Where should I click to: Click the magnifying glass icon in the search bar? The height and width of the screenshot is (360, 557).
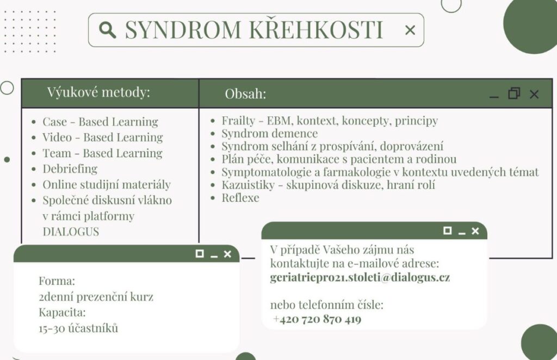click(x=107, y=29)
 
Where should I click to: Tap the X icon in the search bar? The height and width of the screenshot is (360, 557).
click(x=410, y=30)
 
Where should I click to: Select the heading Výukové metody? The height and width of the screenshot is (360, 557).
click(x=98, y=92)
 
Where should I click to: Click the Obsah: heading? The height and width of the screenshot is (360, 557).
click(x=245, y=94)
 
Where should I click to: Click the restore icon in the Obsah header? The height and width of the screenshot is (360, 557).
click(x=514, y=94)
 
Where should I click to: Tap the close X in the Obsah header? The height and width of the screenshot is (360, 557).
click(x=534, y=95)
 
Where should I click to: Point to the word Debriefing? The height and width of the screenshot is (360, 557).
click(x=70, y=169)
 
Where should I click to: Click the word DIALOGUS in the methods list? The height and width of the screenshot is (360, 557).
click(x=71, y=232)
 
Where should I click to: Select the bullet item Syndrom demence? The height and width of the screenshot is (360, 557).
click(x=270, y=133)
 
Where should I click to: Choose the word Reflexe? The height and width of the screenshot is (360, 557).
click(x=240, y=197)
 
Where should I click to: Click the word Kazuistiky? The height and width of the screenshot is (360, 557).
click(x=248, y=184)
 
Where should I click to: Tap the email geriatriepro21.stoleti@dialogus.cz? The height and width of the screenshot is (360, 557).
click(x=360, y=277)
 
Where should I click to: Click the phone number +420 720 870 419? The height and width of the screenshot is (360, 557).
click(x=317, y=319)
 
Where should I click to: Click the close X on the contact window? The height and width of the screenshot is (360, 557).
click(x=475, y=231)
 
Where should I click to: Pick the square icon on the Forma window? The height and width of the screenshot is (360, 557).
click(x=200, y=253)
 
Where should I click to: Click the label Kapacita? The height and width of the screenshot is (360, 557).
click(x=62, y=313)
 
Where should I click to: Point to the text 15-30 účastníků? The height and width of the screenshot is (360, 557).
click(x=78, y=328)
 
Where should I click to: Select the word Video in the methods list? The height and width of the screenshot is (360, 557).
click(x=57, y=138)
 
